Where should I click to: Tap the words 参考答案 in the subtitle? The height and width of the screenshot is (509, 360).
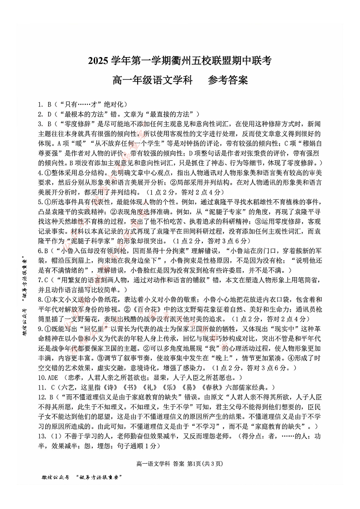pyautogui.click(x=228, y=81)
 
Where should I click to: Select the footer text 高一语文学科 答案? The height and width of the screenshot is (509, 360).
pyautogui.click(x=159, y=464)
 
